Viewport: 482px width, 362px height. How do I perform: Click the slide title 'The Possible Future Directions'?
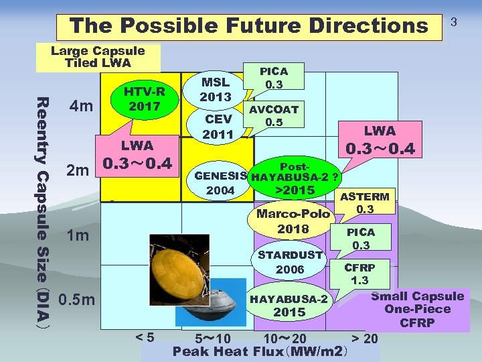(248, 25)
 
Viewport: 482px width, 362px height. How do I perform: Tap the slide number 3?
(453, 23)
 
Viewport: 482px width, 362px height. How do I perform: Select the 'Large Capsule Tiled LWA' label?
(98, 57)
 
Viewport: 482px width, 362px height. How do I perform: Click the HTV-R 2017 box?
(144, 98)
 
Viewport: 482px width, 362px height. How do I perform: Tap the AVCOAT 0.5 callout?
(273, 115)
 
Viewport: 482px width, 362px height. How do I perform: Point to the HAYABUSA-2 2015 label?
(289, 305)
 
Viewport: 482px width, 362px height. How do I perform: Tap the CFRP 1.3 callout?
(360, 274)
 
